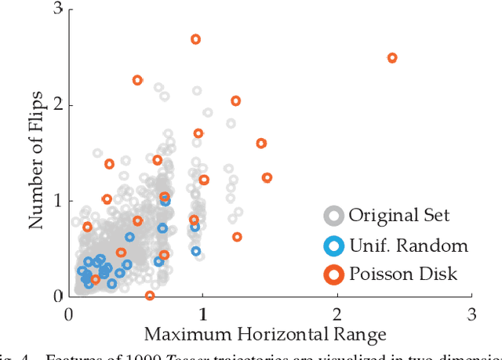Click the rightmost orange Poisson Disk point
[392, 58]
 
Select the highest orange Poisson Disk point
[196, 39]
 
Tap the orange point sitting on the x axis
[150, 296]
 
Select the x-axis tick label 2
[337, 314]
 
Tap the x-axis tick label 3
[471, 314]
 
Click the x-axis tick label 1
[203, 314]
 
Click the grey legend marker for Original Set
[335, 215]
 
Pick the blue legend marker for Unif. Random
[335, 246]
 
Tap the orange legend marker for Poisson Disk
[335, 275]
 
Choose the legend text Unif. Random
[408, 246]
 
